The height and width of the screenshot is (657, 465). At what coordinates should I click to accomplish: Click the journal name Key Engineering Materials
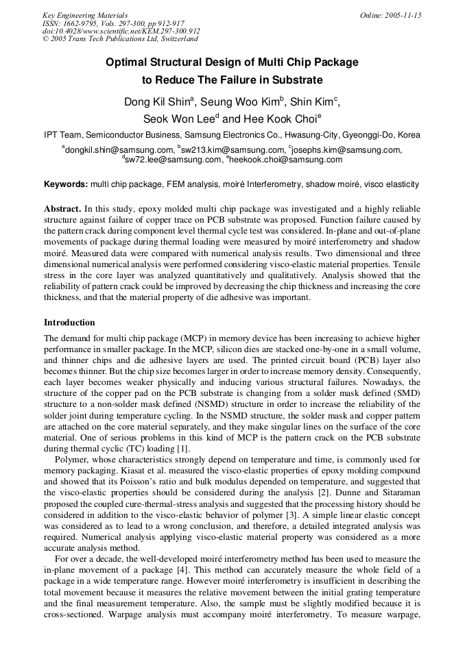coord(84,15)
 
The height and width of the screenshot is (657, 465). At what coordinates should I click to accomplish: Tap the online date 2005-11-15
coord(401,15)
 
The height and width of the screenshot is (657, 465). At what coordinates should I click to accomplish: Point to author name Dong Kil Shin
coord(157,103)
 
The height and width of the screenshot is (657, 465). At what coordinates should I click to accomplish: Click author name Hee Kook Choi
coord(279,119)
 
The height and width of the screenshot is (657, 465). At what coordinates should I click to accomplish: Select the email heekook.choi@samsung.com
coord(286,160)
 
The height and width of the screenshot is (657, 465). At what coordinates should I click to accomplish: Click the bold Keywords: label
coord(66,184)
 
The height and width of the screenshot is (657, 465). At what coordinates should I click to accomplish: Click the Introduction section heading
coord(69,323)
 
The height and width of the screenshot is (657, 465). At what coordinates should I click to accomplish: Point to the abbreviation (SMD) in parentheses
coord(404,393)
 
